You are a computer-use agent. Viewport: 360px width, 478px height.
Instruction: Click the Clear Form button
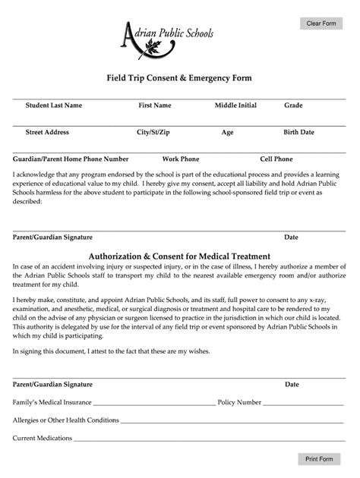(321, 24)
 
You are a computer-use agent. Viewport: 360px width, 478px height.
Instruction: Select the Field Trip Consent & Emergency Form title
(178, 78)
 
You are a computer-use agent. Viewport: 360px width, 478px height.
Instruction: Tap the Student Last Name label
(54, 105)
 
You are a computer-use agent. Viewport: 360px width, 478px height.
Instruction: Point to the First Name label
(154, 105)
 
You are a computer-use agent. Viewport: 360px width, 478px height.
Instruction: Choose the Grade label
(294, 105)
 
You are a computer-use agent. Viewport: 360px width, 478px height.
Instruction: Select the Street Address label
(47, 132)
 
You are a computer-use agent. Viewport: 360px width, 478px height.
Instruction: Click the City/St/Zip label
(153, 132)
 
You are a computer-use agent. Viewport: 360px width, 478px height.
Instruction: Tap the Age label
(227, 132)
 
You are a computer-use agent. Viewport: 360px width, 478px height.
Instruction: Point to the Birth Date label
(298, 132)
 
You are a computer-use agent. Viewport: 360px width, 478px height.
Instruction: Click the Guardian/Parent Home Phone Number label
(71, 159)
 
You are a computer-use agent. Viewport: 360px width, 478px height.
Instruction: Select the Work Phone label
(181, 159)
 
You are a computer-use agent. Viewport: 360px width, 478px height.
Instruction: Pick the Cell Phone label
(276, 159)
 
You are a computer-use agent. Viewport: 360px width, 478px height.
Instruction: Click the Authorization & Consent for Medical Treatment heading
(179, 256)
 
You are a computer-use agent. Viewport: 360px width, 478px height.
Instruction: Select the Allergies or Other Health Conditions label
(66, 420)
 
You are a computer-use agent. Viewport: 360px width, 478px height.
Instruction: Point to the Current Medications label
(43, 438)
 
